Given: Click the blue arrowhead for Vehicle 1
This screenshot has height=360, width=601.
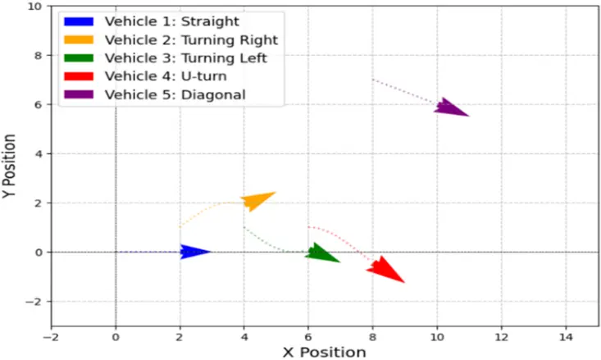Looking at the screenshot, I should coord(194,252).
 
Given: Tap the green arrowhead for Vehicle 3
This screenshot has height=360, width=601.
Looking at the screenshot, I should coord(321,254).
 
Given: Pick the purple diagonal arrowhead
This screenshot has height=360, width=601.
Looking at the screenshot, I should coord(450,108).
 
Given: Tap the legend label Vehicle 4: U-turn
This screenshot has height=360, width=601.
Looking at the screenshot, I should coord(160,77).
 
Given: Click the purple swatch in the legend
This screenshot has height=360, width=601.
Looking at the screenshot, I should coord(80,96).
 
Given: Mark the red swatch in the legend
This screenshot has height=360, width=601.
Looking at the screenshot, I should coord(80,77).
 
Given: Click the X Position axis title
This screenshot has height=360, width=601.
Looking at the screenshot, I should coord(325,353).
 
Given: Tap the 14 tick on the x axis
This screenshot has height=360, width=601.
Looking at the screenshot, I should coord(565,335).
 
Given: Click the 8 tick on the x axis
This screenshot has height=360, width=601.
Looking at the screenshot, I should coord(372,335).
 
